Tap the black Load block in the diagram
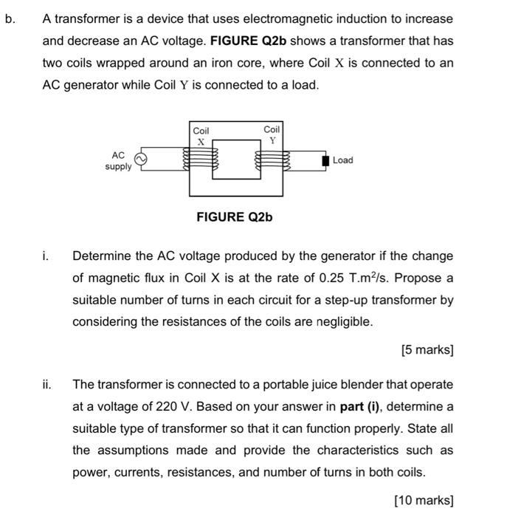pyautogui.click(x=325, y=160)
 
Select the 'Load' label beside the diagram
pyautogui.click(x=342, y=160)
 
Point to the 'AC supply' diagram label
pyautogui.click(x=118, y=161)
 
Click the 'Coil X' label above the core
pyautogui.click(x=201, y=136)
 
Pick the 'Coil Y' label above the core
pyautogui.click(x=272, y=134)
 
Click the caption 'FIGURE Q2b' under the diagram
pyautogui.click(x=235, y=217)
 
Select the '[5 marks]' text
pyautogui.click(x=427, y=350)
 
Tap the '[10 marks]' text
pyautogui.click(x=424, y=500)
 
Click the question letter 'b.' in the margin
pyautogui.click(x=10, y=18)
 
